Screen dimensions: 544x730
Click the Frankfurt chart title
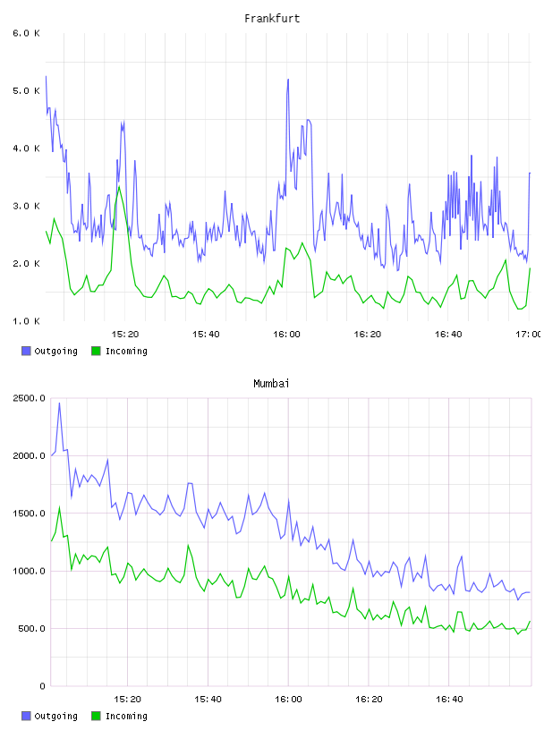272,18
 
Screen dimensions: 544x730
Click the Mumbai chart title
271,383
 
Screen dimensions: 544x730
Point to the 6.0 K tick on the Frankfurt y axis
26,33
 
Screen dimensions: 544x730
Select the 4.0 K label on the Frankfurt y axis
26,148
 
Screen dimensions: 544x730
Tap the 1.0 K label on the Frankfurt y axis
26,321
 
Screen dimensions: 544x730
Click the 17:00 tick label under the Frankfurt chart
529,334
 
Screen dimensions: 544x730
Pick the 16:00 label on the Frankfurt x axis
286,334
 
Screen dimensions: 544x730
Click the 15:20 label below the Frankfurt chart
125,334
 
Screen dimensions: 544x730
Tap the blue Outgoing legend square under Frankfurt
26,351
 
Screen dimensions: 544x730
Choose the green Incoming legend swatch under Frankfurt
96,351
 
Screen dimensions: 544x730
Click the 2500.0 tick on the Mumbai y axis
29,398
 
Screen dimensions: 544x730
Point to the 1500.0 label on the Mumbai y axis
29,513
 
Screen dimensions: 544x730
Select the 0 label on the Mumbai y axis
42,686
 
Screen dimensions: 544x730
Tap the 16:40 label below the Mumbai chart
449,699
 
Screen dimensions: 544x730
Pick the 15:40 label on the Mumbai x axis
208,699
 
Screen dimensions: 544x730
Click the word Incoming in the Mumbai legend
126,716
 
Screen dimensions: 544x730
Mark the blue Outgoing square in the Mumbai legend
26,716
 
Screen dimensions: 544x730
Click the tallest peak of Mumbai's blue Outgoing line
59,403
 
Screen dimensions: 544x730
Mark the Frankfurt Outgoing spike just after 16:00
288,80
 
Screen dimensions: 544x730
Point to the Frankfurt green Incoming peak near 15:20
119,187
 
